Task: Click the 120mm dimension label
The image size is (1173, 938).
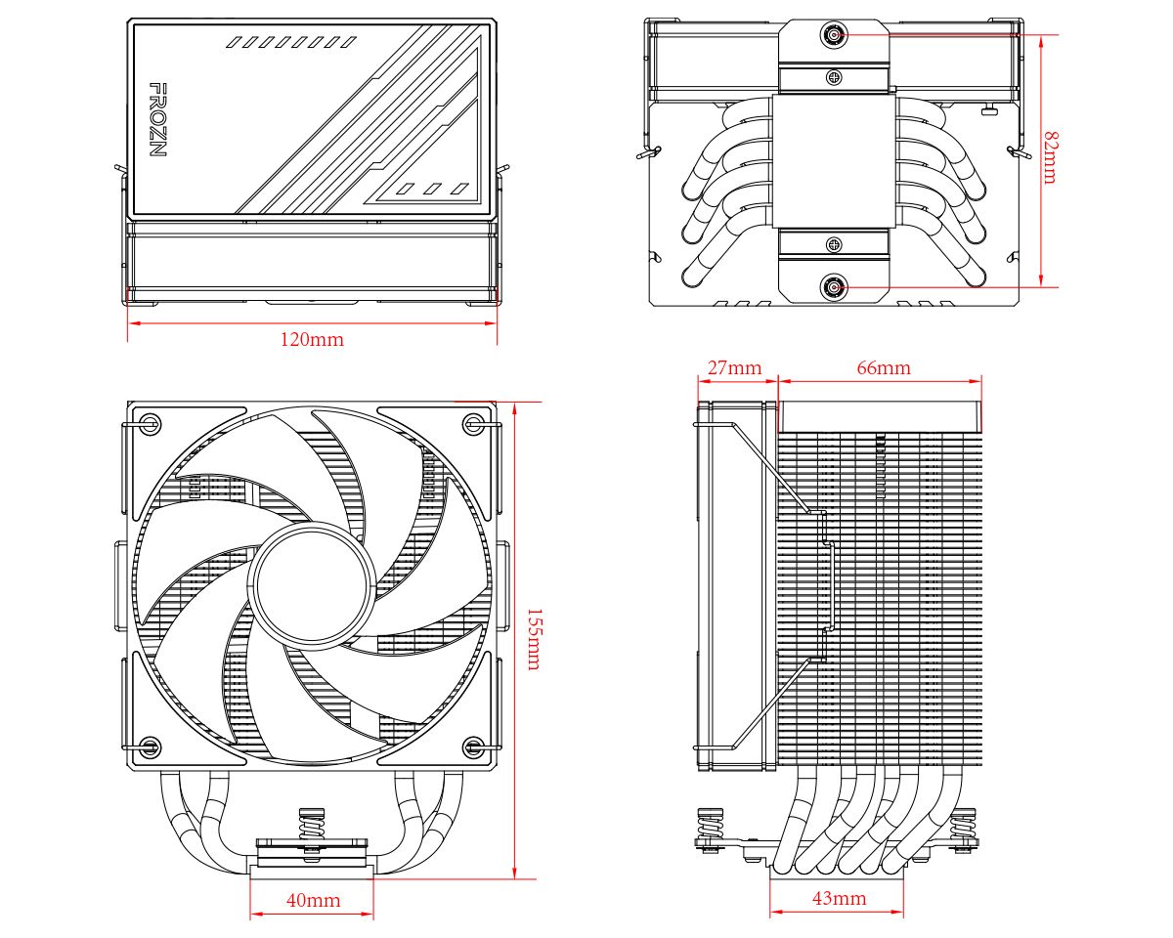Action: click(x=312, y=340)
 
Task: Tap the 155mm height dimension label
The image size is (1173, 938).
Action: click(x=534, y=639)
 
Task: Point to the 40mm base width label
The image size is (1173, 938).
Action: click(x=313, y=900)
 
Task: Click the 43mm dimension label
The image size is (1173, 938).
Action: click(x=838, y=898)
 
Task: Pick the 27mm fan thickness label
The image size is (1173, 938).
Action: click(x=734, y=368)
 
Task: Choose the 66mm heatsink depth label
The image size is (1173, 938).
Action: click(x=883, y=368)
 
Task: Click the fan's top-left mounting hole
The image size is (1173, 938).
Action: click(x=150, y=424)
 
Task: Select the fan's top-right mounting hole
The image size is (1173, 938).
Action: click(x=473, y=424)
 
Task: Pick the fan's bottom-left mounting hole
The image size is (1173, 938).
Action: click(x=150, y=748)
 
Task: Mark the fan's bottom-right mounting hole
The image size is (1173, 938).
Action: click(x=473, y=748)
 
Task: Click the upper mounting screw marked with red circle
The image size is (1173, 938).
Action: click(x=834, y=35)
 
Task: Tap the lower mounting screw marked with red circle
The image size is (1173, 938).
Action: click(x=834, y=287)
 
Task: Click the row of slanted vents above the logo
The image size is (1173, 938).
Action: click(x=290, y=42)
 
